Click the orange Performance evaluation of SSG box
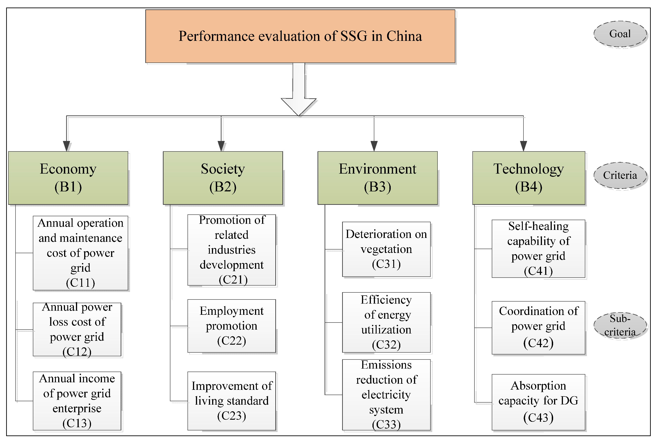tap(300, 36)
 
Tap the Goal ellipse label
tap(620, 34)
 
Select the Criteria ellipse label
tap(620, 175)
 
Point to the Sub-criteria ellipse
tap(620, 325)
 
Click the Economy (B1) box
tap(68, 178)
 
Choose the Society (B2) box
tap(223, 178)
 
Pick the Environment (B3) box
tap(377, 178)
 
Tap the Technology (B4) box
tap(529, 178)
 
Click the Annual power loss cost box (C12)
tap(77, 329)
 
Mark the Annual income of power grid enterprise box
tap(77, 401)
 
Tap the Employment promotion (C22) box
tap(232, 326)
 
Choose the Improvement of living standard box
tap(232, 401)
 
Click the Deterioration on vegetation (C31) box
tap(386, 249)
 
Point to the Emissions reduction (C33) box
tap(386, 395)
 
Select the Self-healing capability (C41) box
tap(539, 249)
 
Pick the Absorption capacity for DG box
tap(539, 402)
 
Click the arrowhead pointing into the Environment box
tap(374, 146)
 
